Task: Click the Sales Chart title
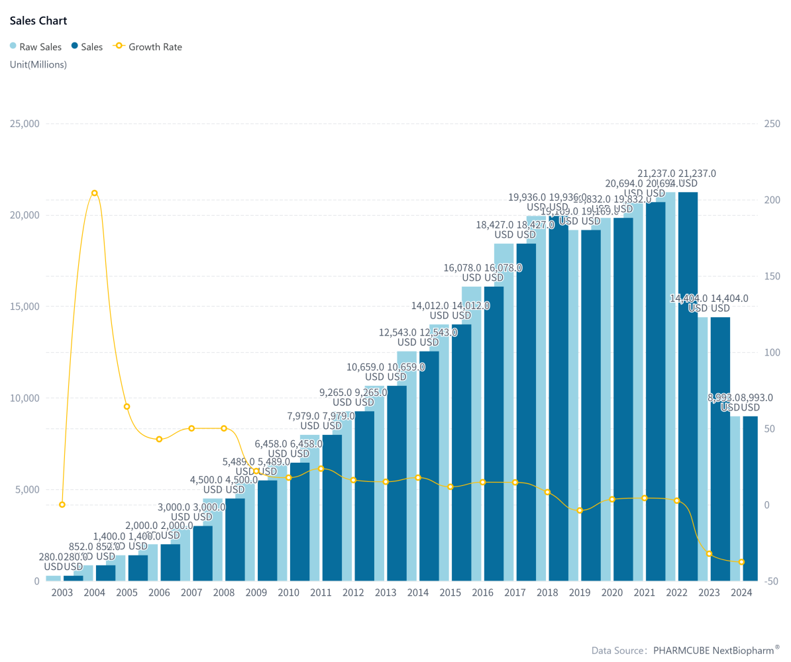point(38,21)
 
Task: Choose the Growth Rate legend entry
point(149,46)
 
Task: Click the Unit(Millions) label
point(38,64)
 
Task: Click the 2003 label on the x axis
point(62,592)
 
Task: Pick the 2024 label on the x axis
point(741,592)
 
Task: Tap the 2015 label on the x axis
point(450,592)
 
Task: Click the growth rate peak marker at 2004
point(95,193)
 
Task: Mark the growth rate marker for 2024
point(741,562)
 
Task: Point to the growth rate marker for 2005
point(127,406)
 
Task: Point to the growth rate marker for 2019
point(580,510)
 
